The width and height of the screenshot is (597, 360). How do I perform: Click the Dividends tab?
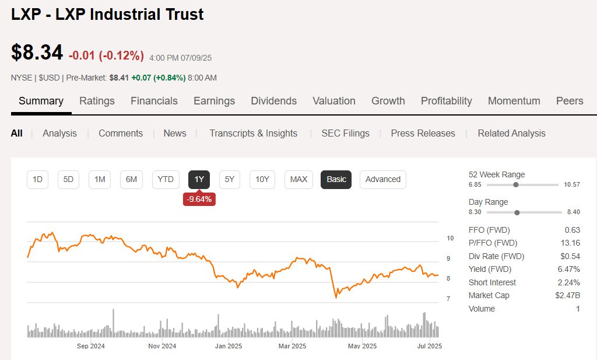pyautogui.click(x=273, y=101)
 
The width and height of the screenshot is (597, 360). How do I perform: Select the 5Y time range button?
pyautogui.click(x=230, y=179)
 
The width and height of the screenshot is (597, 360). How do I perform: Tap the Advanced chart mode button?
pyautogui.click(x=382, y=179)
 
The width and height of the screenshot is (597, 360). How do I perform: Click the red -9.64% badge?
pyautogui.click(x=199, y=200)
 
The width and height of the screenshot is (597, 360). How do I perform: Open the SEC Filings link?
pyautogui.click(x=345, y=133)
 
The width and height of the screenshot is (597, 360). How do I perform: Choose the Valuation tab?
pyautogui.click(x=333, y=101)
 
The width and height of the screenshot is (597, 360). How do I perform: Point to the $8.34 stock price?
pyautogui.click(x=37, y=53)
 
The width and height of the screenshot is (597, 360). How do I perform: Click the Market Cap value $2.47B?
pyautogui.click(x=567, y=296)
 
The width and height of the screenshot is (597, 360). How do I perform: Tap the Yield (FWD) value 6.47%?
pyautogui.click(x=568, y=269)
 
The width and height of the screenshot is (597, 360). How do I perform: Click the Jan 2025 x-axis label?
pyautogui.click(x=228, y=346)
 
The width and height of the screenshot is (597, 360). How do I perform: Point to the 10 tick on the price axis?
pyautogui.click(x=450, y=239)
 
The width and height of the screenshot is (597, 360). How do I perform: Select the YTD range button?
pyautogui.click(x=166, y=179)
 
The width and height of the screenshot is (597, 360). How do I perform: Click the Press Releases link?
pyautogui.click(x=423, y=133)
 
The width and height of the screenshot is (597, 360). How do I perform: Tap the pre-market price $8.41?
pyautogui.click(x=119, y=78)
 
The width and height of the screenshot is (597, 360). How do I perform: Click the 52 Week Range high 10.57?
pyautogui.click(x=571, y=184)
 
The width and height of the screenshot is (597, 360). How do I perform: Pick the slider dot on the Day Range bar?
pyautogui.click(x=517, y=212)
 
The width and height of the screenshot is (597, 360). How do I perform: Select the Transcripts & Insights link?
pyautogui.click(x=253, y=133)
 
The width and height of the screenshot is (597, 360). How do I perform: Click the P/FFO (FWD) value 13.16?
pyautogui.click(x=570, y=243)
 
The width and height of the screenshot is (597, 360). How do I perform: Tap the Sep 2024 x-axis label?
pyautogui.click(x=90, y=346)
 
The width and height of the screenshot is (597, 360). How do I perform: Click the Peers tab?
pyautogui.click(x=569, y=101)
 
